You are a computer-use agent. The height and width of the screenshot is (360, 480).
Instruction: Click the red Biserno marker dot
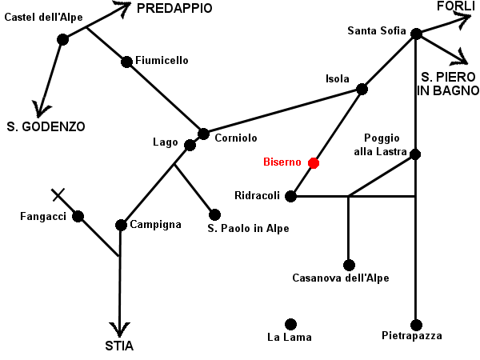point(314,163)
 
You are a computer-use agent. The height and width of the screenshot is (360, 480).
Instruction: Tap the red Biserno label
point(282,162)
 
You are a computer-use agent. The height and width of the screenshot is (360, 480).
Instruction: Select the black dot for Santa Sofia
point(416,34)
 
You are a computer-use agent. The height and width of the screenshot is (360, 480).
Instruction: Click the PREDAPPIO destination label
point(174,8)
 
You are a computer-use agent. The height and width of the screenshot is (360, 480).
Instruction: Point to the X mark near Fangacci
point(58,194)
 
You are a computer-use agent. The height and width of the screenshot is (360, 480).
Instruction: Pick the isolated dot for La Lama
point(290,325)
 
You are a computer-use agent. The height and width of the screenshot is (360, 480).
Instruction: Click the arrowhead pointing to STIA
point(119,330)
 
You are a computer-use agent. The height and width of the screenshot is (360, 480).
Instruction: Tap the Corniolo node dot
point(203,134)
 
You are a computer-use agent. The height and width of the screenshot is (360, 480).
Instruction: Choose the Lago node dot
point(190,145)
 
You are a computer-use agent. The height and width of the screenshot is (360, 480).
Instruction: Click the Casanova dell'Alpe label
point(341,278)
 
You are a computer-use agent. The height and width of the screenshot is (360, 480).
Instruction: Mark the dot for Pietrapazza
point(416,326)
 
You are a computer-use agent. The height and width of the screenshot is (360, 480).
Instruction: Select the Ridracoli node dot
point(290,196)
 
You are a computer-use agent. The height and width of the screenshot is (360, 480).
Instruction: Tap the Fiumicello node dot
point(126,62)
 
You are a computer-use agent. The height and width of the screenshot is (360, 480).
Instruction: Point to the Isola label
point(338,78)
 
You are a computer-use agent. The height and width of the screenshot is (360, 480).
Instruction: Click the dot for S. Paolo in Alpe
point(214,214)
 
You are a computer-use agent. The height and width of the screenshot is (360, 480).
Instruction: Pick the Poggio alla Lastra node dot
point(415,154)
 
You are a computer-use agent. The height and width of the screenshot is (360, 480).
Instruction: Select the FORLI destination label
point(456,6)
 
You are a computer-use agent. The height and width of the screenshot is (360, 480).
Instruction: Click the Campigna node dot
point(121,226)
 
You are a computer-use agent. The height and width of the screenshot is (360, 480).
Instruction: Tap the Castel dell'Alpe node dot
point(62,39)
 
